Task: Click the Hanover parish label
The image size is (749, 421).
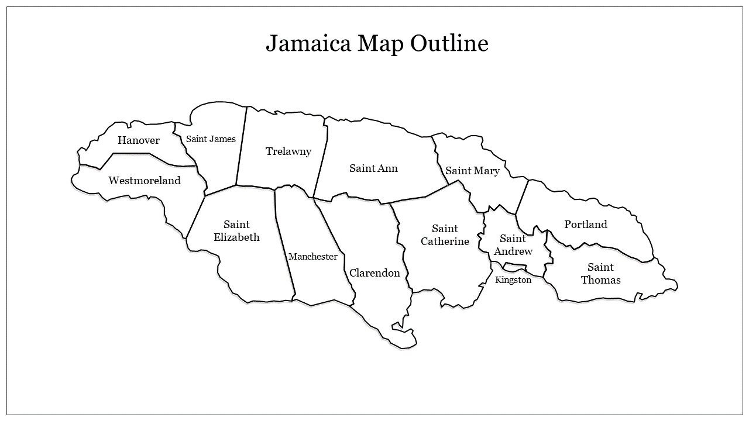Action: pyautogui.click(x=139, y=140)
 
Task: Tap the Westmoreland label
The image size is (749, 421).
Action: pyautogui.click(x=145, y=181)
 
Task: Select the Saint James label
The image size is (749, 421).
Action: pyautogui.click(x=211, y=139)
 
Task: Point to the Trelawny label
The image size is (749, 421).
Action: pyautogui.click(x=288, y=151)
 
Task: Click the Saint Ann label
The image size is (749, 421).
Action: pyautogui.click(x=373, y=168)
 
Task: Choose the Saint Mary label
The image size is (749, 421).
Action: pyautogui.click(x=472, y=171)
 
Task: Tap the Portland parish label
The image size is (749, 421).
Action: pyautogui.click(x=586, y=225)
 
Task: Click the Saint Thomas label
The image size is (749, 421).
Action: pyautogui.click(x=601, y=274)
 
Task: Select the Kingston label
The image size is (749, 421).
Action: pyautogui.click(x=513, y=280)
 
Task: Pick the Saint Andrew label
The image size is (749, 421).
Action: pyautogui.click(x=513, y=245)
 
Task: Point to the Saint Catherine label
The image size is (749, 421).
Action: pyautogui.click(x=445, y=235)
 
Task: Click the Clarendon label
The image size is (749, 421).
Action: pyautogui.click(x=374, y=273)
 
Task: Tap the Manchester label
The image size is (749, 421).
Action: pyautogui.click(x=313, y=257)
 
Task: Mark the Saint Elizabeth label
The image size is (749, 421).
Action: pyautogui.click(x=236, y=231)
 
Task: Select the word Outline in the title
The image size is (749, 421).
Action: pyautogui.click(x=449, y=44)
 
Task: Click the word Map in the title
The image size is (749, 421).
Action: pyautogui.click(x=381, y=44)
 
